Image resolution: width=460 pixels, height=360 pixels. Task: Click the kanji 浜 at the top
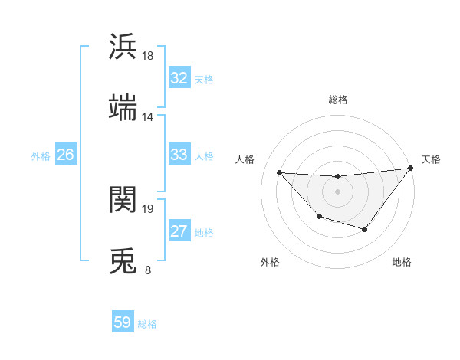(123, 46)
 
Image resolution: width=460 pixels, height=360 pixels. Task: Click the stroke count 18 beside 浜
(148, 56)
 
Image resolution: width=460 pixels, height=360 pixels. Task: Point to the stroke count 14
(148, 117)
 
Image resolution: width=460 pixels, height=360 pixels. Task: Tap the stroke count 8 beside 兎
(148, 270)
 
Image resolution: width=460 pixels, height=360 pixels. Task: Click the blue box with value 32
(179, 78)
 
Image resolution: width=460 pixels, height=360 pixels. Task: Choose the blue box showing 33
(179, 155)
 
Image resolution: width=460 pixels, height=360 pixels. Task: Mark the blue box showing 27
(179, 231)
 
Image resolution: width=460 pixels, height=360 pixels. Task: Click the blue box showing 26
(65, 155)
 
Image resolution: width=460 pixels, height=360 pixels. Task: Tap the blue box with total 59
(123, 322)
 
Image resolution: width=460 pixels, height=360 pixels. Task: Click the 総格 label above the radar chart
(338, 100)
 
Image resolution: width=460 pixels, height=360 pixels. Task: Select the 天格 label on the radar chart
(431, 159)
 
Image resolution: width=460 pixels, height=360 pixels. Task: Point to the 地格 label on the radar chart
(402, 262)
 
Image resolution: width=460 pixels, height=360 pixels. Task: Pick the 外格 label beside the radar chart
(270, 262)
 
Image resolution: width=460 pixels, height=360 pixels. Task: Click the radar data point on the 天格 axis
(411, 168)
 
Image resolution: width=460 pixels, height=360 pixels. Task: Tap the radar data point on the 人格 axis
(280, 172)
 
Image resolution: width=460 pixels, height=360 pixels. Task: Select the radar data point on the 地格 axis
(365, 229)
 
